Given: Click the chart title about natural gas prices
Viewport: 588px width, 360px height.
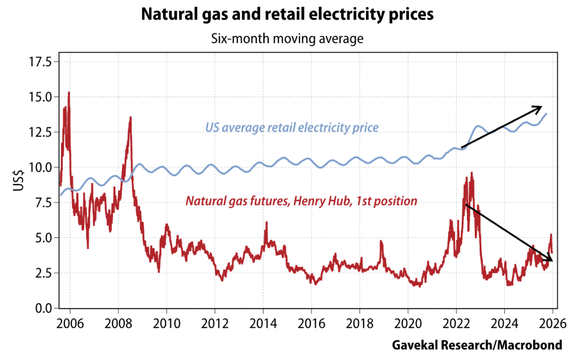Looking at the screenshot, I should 287,15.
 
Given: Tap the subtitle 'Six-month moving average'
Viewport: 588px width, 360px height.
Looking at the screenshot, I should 287,39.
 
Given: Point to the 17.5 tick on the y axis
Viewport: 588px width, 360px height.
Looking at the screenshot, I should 40,62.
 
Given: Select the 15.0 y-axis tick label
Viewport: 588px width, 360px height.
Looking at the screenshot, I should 40,97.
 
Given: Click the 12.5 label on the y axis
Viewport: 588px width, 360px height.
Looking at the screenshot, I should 40,132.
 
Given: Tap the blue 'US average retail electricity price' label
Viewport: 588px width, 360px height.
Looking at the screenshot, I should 291,129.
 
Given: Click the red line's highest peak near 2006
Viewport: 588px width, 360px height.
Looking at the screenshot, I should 69,93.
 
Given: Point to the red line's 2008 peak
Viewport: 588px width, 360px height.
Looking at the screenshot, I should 130,117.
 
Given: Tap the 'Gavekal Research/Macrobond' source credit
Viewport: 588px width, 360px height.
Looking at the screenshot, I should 476,345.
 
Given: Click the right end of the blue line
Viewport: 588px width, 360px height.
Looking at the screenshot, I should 547,113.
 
